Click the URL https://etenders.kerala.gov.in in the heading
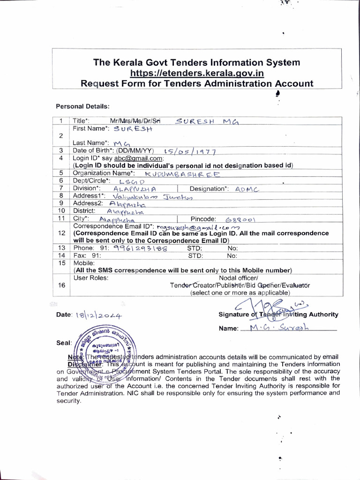click(197, 73)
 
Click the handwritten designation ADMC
click(247, 189)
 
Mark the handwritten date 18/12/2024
click(98, 315)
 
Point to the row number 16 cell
click(61, 285)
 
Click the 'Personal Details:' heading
click(82, 106)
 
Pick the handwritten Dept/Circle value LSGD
click(132, 181)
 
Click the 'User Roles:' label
click(91, 277)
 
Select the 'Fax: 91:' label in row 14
click(87, 256)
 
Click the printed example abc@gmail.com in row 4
click(139, 158)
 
